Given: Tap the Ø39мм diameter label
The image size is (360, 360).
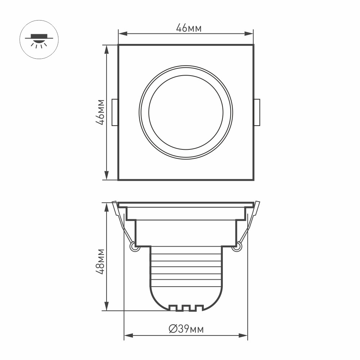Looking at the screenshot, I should (186, 329).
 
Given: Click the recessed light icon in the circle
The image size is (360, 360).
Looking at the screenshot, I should (39, 40).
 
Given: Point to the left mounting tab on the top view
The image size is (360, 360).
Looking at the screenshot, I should (114, 112).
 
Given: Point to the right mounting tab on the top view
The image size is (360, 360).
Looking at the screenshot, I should (257, 112).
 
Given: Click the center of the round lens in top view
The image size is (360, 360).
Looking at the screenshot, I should (186, 112).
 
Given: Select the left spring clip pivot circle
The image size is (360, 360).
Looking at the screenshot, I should (134, 247).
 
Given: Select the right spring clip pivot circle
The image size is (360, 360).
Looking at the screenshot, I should (237, 247).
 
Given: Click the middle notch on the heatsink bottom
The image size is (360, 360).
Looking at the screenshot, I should (186, 308).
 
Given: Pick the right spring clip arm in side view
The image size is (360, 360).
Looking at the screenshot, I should (248, 225).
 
